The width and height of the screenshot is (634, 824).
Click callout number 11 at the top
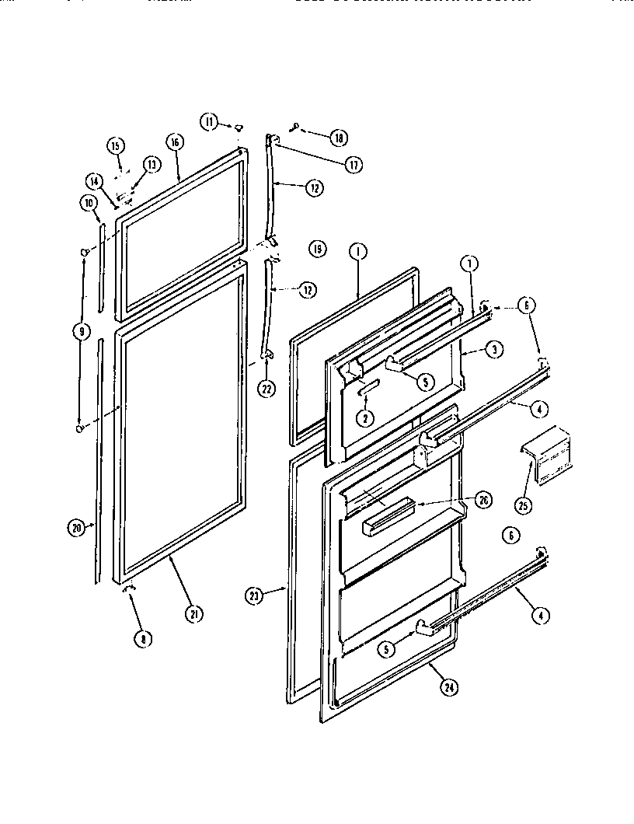[x=210, y=120]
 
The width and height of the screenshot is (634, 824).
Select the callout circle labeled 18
[x=338, y=138]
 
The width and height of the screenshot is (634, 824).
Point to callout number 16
[x=175, y=141]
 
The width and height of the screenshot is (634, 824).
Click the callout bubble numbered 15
[x=115, y=145]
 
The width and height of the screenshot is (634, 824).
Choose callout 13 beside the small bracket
[x=150, y=164]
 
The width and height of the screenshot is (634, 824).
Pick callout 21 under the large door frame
[x=193, y=613]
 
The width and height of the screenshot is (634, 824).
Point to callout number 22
[x=266, y=389]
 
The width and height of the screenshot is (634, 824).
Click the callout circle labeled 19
[x=316, y=249]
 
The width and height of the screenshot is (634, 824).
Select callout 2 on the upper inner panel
[x=363, y=417]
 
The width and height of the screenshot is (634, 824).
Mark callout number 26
[x=483, y=501]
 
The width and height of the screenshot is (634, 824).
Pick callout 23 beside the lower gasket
[x=255, y=596]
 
